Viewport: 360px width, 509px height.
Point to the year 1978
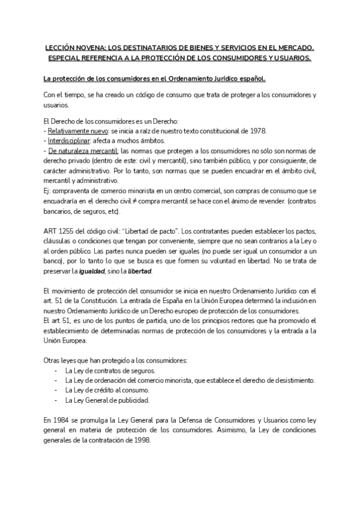[x=258, y=131]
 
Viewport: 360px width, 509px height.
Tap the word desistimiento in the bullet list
[x=293, y=380]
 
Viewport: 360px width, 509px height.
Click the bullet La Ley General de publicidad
[x=106, y=400]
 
